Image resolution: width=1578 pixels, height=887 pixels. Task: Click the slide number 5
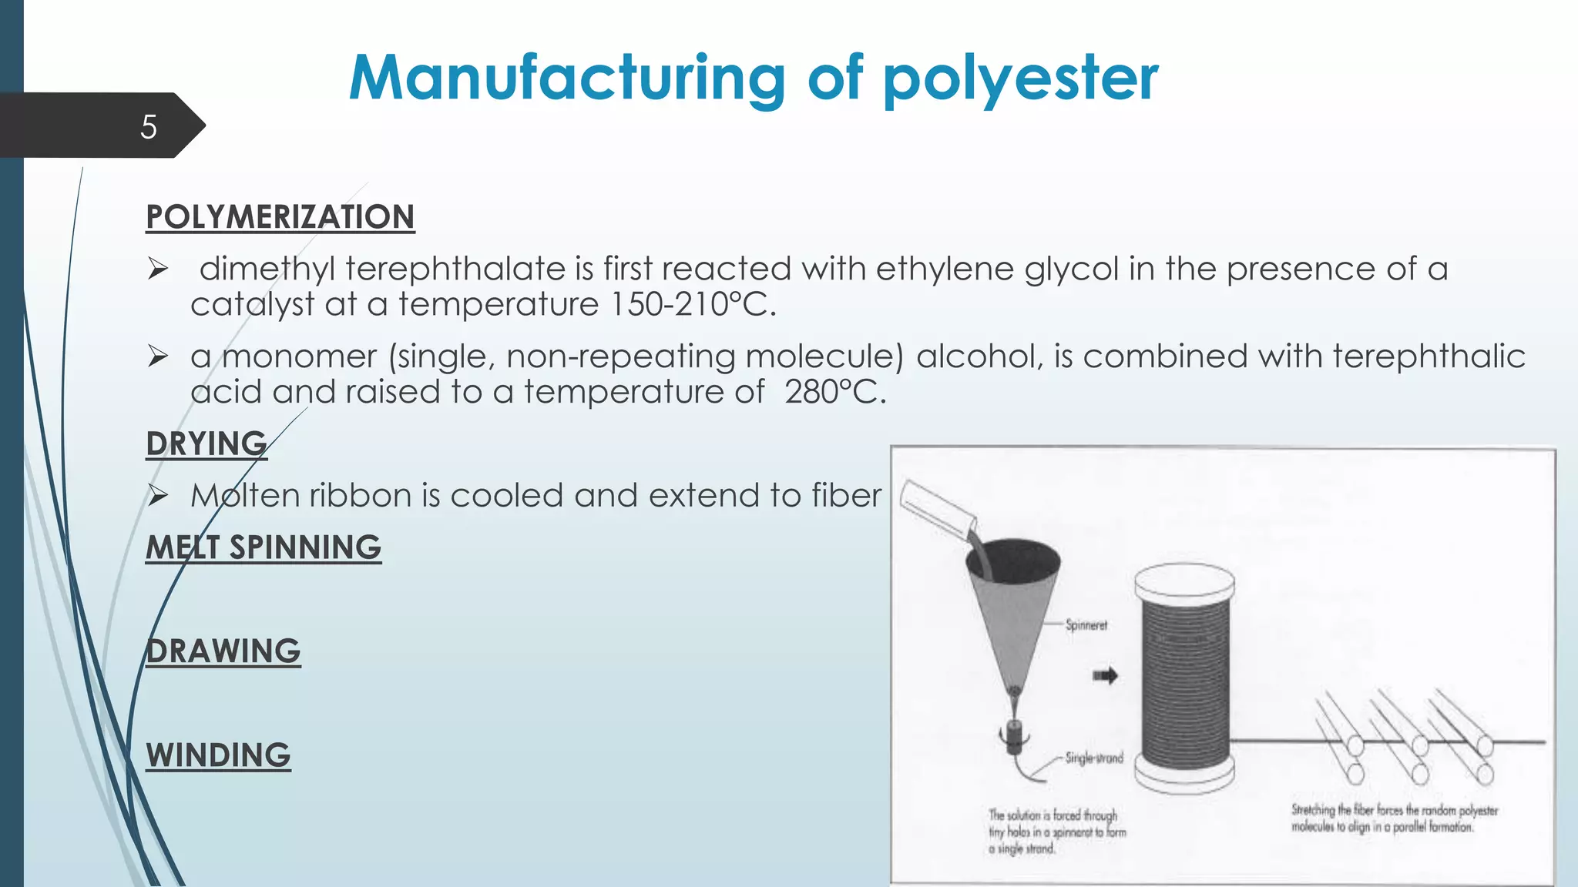[x=149, y=127]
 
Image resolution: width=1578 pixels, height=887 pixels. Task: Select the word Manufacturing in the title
[x=567, y=79]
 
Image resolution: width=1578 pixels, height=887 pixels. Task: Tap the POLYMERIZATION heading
[x=280, y=217]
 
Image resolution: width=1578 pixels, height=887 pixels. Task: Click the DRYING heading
[x=206, y=444]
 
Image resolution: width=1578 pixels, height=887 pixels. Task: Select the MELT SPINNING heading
[x=264, y=548]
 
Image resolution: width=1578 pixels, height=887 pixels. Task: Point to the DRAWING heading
[x=223, y=651]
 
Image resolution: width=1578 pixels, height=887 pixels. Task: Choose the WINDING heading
[x=219, y=755]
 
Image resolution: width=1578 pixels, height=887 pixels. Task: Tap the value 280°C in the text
[x=834, y=393]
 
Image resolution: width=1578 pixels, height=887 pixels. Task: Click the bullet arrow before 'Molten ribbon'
[x=158, y=496]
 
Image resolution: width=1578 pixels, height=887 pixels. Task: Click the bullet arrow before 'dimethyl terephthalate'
[x=158, y=269]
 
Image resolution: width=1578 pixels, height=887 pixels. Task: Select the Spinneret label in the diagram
[x=1086, y=625]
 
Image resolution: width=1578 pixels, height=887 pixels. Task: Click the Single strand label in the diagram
[x=1093, y=758]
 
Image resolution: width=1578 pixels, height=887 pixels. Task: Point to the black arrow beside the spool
[x=1105, y=676]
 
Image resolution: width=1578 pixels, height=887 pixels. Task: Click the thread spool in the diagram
[x=1185, y=678]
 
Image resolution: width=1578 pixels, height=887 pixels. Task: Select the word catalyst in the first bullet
[x=252, y=305]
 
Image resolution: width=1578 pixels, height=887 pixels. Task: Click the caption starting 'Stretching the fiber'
[x=1394, y=818]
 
